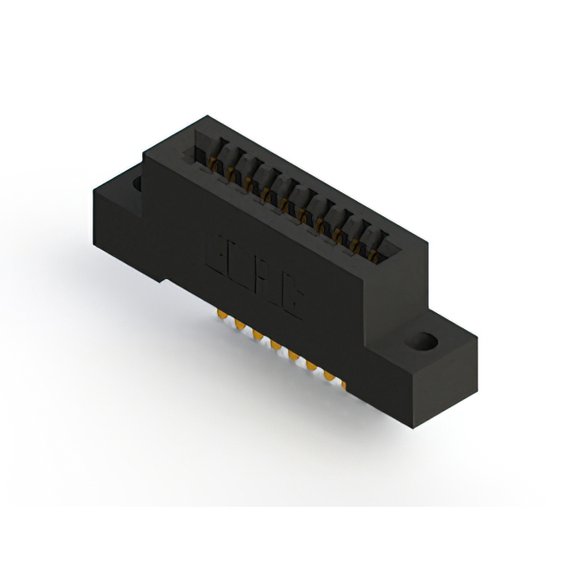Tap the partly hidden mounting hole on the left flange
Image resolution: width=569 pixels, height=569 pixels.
coord(137,184)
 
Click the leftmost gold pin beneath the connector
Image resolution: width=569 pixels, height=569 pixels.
coord(220,316)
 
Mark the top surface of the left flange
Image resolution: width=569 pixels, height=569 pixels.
coord(124,178)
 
